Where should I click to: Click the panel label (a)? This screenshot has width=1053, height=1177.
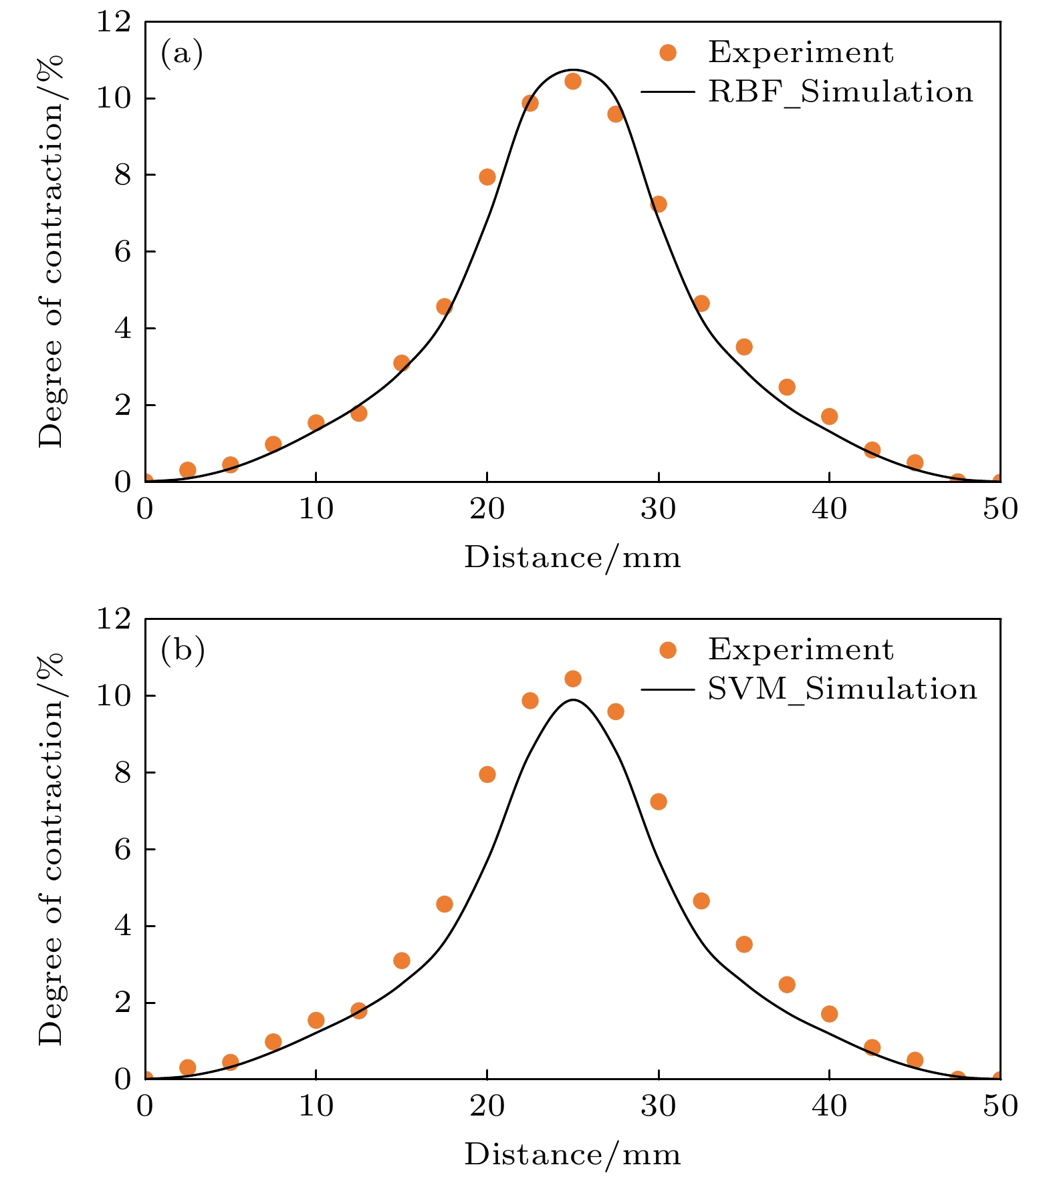181,53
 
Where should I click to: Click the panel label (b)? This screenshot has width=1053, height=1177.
182,651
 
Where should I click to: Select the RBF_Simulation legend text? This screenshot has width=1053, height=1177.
840,92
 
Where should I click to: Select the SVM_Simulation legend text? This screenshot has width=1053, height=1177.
842,689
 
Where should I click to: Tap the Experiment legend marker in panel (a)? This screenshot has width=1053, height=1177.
667,53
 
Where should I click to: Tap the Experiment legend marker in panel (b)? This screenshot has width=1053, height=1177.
667,650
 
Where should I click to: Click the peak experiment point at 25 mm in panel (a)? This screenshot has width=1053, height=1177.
573,81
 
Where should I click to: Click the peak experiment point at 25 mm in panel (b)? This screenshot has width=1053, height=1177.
573,679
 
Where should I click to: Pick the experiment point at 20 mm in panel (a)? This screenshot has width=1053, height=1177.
487,177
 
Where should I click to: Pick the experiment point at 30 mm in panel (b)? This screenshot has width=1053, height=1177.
659,802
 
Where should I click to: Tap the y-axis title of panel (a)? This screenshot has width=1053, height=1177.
51,251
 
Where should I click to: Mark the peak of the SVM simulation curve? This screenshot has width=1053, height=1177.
573,699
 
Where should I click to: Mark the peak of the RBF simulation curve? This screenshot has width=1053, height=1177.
573,69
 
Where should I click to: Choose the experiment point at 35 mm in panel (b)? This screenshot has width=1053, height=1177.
744,945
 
